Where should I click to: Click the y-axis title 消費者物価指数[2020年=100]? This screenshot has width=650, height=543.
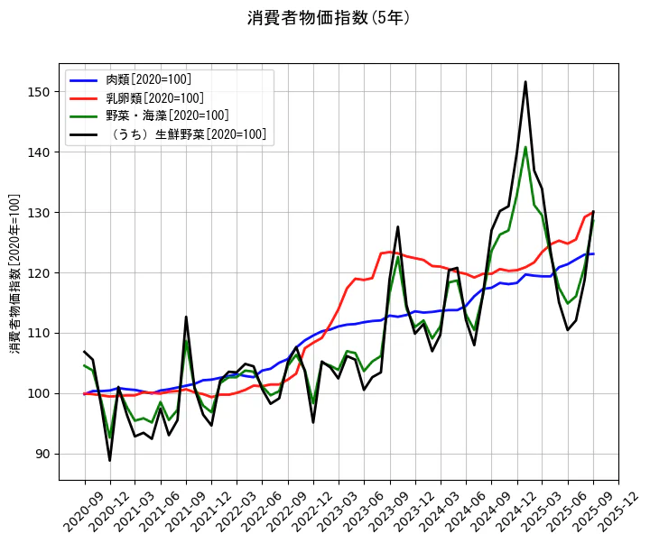pyautogui.click(x=14, y=272)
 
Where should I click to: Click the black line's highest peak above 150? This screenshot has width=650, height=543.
pyautogui.click(x=525, y=82)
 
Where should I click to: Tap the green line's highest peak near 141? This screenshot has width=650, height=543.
pyautogui.click(x=525, y=147)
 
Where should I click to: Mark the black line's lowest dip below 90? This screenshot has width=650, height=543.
pyautogui.click(x=110, y=461)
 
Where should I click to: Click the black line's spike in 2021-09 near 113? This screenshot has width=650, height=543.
pyautogui.click(x=186, y=317)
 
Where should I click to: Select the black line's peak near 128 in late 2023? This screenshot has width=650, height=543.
pyautogui.click(x=398, y=226)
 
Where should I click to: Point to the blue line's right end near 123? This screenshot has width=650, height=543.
pyautogui.click(x=593, y=253)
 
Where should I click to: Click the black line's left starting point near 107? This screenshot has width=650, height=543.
pyautogui.click(x=85, y=352)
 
